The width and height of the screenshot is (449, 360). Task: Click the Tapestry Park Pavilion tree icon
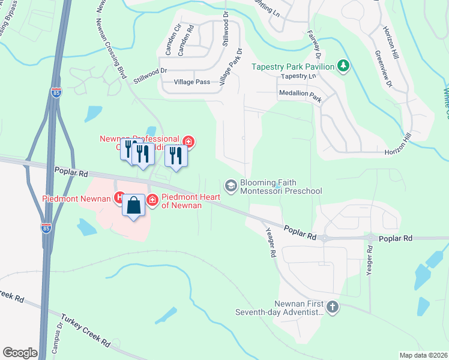coord(343,65)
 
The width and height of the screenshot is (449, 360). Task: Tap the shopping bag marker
coord(134,205)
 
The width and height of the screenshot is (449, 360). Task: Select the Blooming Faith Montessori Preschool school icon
coord(231,184)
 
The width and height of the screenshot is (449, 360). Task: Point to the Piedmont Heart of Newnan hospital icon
coord(152,199)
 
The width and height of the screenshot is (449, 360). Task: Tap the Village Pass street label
coord(192,82)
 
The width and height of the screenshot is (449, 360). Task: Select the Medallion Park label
coord(300,94)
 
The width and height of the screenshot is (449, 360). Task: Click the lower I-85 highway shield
coord(45,228)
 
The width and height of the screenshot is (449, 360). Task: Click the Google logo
coord(20,353)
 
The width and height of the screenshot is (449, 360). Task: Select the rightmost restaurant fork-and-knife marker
coord(176,155)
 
